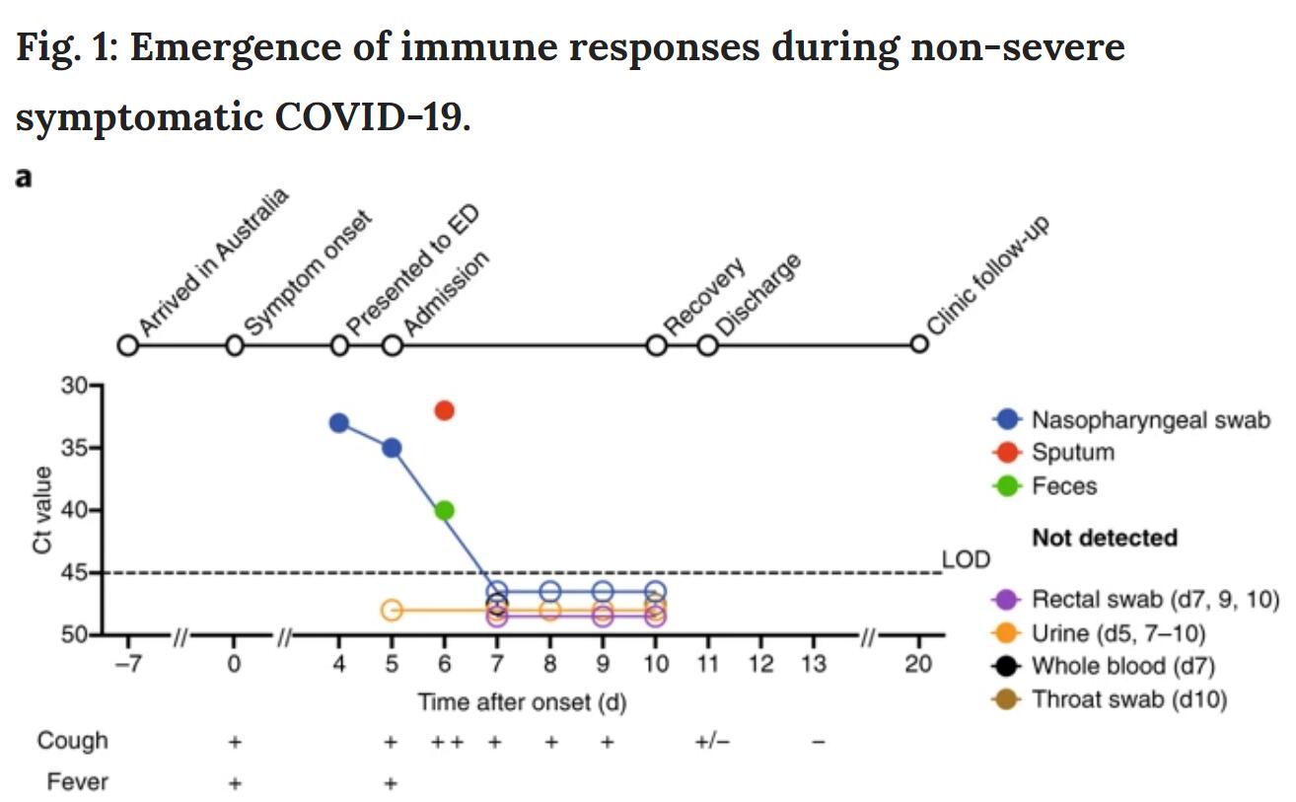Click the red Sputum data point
444,409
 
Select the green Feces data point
444,510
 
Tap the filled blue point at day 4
338,423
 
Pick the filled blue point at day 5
392,448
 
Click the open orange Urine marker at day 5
392,610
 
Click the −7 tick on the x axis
127,664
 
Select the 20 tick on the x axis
918,664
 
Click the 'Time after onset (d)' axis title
522,702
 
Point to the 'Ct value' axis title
43,511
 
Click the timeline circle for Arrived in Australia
127,345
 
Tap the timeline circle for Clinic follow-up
919,344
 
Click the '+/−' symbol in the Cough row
712,742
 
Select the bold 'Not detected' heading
1105,538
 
